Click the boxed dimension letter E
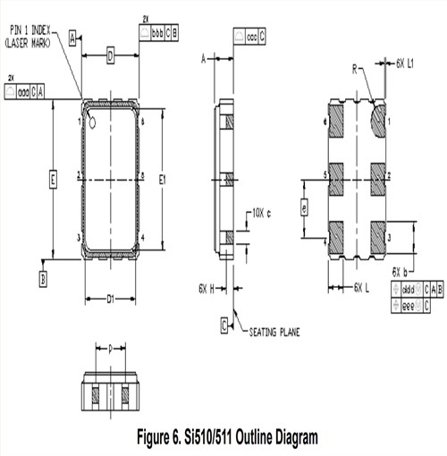(x=53, y=182)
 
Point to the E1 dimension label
(x=163, y=181)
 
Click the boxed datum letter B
(x=43, y=279)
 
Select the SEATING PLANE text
(x=273, y=332)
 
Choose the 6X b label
(x=401, y=270)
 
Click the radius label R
(x=354, y=68)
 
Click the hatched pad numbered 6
(x=338, y=120)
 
